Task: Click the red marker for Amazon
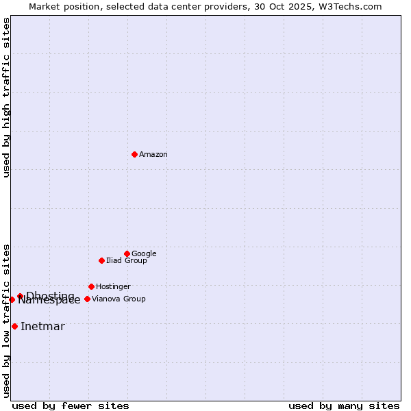[x=134, y=154]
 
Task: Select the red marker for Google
[x=127, y=253]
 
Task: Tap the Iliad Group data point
[x=101, y=260]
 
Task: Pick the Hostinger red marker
[x=91, y=286]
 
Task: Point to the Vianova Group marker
[x=87, y=299]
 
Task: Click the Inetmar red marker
[x=14, y=326]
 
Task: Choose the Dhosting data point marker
[x=20, y=296]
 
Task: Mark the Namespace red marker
[x=12, y=299]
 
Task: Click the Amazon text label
[x=153, y=155]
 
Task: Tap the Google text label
[x=144, y=254]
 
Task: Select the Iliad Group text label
[x=127, y=261]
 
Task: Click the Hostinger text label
[x=113, y=287]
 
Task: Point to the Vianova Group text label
[x=119, y=299]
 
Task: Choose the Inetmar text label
[x=42, y=327]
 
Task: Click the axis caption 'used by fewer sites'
[x=71, y=406]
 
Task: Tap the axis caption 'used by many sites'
[x=344, y=406]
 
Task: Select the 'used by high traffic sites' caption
[x=7, y=97]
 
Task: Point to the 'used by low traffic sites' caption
[x=7, y=320]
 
